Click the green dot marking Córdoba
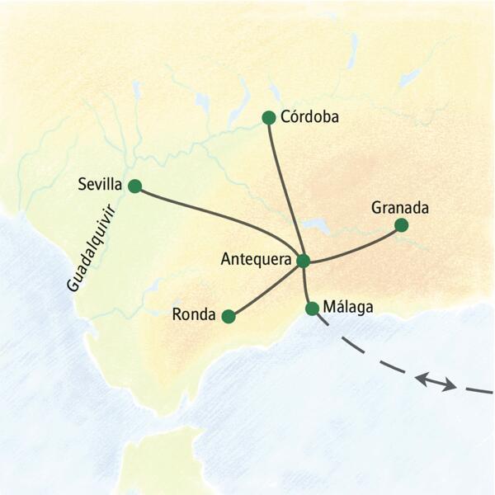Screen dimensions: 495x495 (268, 118)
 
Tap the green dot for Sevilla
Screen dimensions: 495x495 (134, 186)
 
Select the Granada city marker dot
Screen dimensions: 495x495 (401, 224)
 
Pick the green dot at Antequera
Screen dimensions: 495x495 (303, 261)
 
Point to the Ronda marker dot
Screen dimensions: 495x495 (229, 316)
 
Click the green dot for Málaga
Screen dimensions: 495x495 (312, 309)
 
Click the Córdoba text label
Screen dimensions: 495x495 (309, 117)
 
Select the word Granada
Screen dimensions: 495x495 (400, 205)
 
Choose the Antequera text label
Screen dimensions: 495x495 (257, 259)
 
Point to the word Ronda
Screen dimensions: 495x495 (194, 314)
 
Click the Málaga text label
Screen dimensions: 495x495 (348, 307)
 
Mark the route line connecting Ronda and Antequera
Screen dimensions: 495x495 (266, 290)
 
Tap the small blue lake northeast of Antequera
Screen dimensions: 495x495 (316, 224)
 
